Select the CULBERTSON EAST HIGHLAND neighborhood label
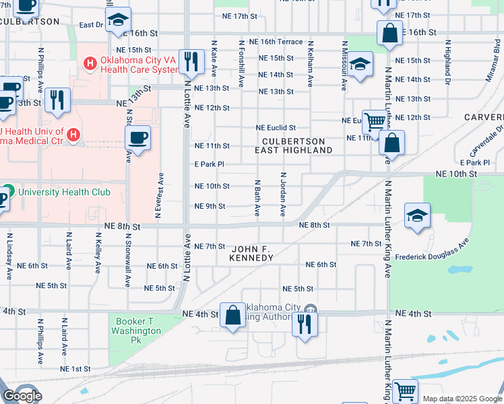click(x=294, y=145)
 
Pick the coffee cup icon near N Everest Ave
click(x=138, y=138)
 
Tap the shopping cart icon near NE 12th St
click(x=375, y=122)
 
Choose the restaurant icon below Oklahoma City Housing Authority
click(x=305, y=325)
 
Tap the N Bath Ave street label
click(x=257, y=198)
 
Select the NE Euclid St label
click(x=276, y=128)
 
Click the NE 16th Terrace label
click(x=276, y=42)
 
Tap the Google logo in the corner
click(x=22, y=396)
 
